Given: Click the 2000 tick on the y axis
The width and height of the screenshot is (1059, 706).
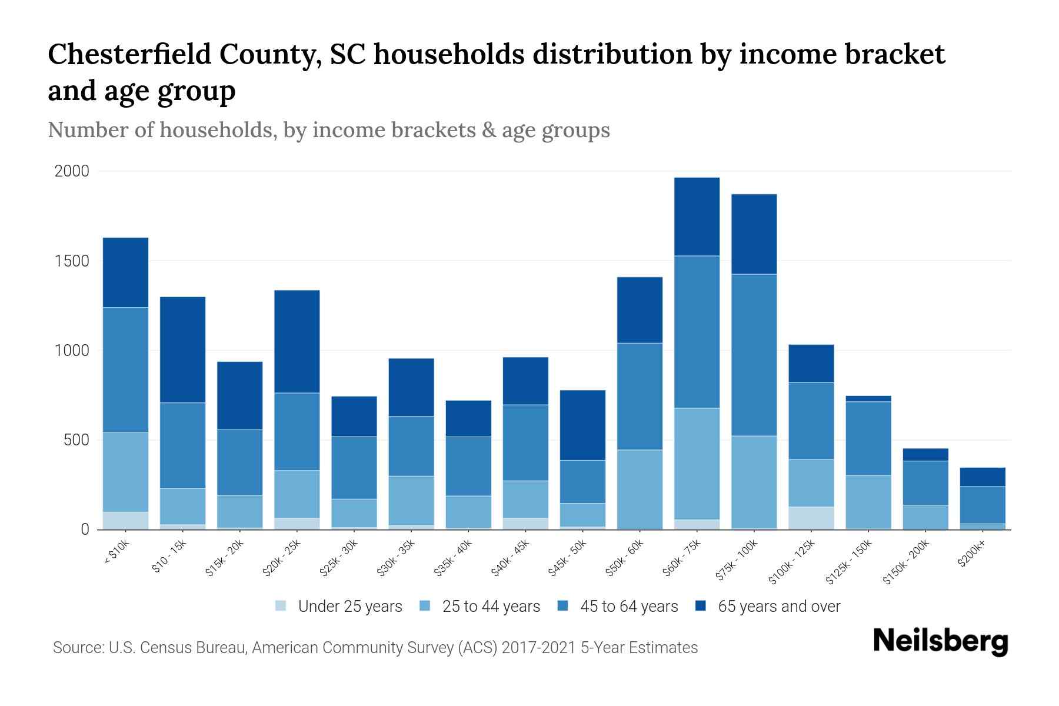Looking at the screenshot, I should tap(72, 171).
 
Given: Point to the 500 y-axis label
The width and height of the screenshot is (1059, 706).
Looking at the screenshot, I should tap(76, 440).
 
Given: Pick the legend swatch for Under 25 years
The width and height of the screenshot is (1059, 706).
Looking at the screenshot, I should tap(281, 605).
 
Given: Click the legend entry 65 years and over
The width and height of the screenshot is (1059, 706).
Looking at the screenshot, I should tap(779, 607).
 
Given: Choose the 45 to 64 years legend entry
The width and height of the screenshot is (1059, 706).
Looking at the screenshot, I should tap(629, 607).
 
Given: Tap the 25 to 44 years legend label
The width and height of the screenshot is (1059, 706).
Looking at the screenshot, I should tap(491, 607).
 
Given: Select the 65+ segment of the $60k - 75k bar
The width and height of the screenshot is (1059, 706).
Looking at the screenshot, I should tap(697, 217).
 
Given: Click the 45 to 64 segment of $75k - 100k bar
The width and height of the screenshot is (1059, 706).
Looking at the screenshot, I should tap(754, 355).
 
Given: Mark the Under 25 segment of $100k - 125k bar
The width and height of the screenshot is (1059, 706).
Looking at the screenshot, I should tap(811, 518).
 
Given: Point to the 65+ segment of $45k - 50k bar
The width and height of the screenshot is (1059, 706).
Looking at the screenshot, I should tap(582, 425).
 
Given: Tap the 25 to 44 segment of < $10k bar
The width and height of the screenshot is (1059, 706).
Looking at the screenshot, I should tap(125, 472).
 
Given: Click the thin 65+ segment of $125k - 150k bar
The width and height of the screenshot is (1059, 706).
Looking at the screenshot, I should tap(868, 399).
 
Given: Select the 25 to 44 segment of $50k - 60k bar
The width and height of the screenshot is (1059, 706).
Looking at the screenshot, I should tap(640, 489).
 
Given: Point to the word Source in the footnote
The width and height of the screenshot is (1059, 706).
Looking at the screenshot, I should tap(77, 648).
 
